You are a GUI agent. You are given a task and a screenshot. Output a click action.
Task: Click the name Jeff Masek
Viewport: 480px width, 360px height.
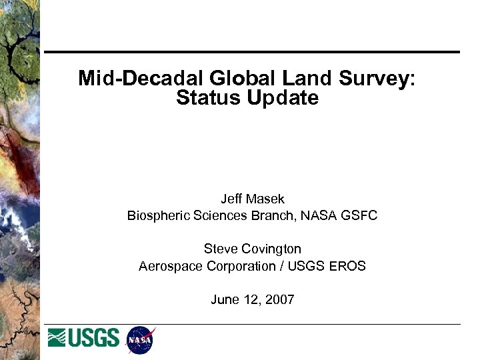(252, 199)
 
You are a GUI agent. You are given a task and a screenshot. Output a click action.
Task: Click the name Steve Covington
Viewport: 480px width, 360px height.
(252, 249)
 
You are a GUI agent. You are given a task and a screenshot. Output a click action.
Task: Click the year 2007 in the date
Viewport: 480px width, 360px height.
(279, 299)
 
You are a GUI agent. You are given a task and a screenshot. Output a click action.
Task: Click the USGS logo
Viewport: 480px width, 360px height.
(84, 338)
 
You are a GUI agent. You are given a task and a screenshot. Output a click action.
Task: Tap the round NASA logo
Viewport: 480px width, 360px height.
(140, 340)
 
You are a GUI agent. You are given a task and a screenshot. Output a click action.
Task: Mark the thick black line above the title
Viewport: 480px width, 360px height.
(252, 52)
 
